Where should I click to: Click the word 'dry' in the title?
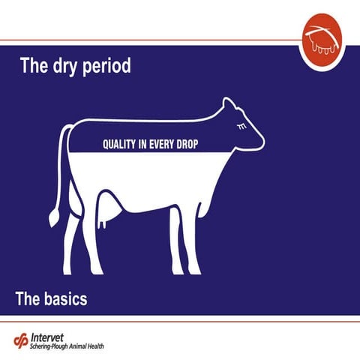coord(63,66)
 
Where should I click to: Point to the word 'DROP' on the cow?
coord(186,143)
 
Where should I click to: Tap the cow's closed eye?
coord(240,127)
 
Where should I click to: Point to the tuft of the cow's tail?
coord(53,217)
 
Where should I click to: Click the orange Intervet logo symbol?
coord(21,340)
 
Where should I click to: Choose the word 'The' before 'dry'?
coord(34,66)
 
